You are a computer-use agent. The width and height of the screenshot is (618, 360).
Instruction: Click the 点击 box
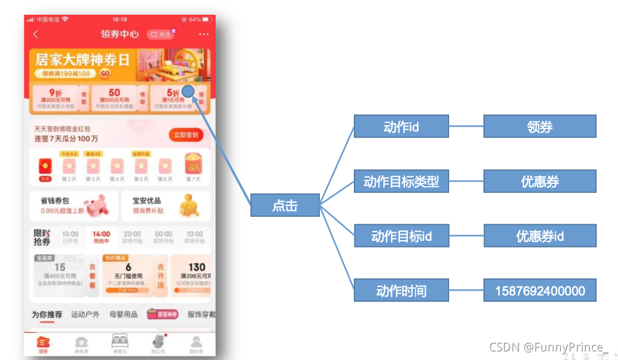coord(285,206)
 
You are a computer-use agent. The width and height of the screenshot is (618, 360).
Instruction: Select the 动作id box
coord(401,127)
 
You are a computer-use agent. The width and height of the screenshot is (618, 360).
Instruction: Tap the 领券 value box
coord(539,127)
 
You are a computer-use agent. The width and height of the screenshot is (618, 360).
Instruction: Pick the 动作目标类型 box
coord(401,181)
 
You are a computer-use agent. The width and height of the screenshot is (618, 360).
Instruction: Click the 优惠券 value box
coord(539,181)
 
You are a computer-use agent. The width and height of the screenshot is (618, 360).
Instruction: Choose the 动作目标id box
coord(401,236)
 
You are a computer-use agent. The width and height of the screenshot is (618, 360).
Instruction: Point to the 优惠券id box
coord(539,236)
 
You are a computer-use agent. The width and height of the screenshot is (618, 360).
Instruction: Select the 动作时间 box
coord(401,291)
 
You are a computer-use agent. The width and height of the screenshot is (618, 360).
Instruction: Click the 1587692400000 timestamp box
coord(539,291)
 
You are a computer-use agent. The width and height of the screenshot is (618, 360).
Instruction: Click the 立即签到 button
coord(186,135)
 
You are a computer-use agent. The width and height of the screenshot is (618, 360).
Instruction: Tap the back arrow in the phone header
coord(36,34)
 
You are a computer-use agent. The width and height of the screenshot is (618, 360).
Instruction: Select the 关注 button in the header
coord(160,34)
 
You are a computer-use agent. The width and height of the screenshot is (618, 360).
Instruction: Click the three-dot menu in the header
coord(203,34)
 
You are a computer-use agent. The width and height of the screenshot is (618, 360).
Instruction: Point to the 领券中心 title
coord(120,34)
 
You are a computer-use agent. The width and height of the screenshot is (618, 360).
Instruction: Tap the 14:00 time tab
coord(101,237)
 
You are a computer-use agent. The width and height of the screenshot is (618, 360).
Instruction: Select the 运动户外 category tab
coord(85,315)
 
